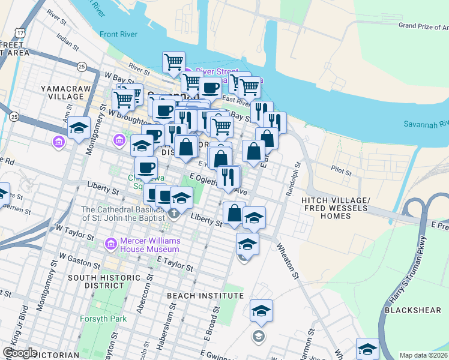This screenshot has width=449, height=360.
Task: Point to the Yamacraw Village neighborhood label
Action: pyautogui.click(x=62, y=92)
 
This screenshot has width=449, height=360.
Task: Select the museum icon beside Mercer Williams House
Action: pyautogui.click(x=110, y=244)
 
